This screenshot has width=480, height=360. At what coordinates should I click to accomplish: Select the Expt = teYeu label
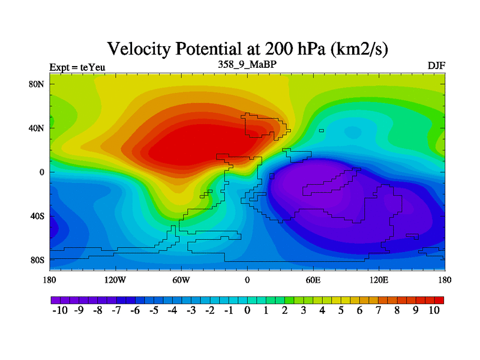pos(77,67)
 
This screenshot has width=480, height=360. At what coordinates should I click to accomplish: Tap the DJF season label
pos(436,65)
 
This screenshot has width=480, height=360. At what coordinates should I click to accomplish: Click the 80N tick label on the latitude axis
pos(38,84)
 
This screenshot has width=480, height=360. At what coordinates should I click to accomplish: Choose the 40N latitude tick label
pos(38,128)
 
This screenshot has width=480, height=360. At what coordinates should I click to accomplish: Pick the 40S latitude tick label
pos(38,216)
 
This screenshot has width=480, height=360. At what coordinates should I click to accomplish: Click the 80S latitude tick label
pos(38,260)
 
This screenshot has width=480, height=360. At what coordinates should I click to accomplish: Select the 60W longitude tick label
pos(181,280)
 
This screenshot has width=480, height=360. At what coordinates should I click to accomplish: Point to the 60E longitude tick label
pos(313,280)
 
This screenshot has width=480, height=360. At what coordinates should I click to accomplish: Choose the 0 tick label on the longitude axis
pos(247,280)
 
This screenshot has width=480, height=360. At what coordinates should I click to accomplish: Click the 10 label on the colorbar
pos(434,310)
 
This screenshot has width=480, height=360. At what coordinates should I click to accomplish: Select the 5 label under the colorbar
pos(341,310)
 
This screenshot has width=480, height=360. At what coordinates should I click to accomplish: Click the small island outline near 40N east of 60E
pos(322,130)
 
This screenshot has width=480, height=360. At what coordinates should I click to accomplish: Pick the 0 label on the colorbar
pos(247,310)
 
